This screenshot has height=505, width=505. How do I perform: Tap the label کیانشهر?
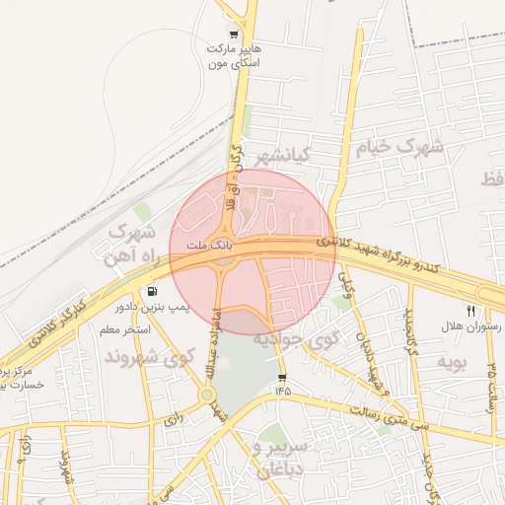284,156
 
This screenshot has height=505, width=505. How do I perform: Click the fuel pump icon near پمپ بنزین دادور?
152,292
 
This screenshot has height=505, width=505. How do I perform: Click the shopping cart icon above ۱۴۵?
283,378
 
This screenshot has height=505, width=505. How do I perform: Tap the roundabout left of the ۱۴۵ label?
207,396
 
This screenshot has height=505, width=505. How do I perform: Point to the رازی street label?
173,419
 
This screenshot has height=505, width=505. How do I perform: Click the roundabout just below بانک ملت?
225,261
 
